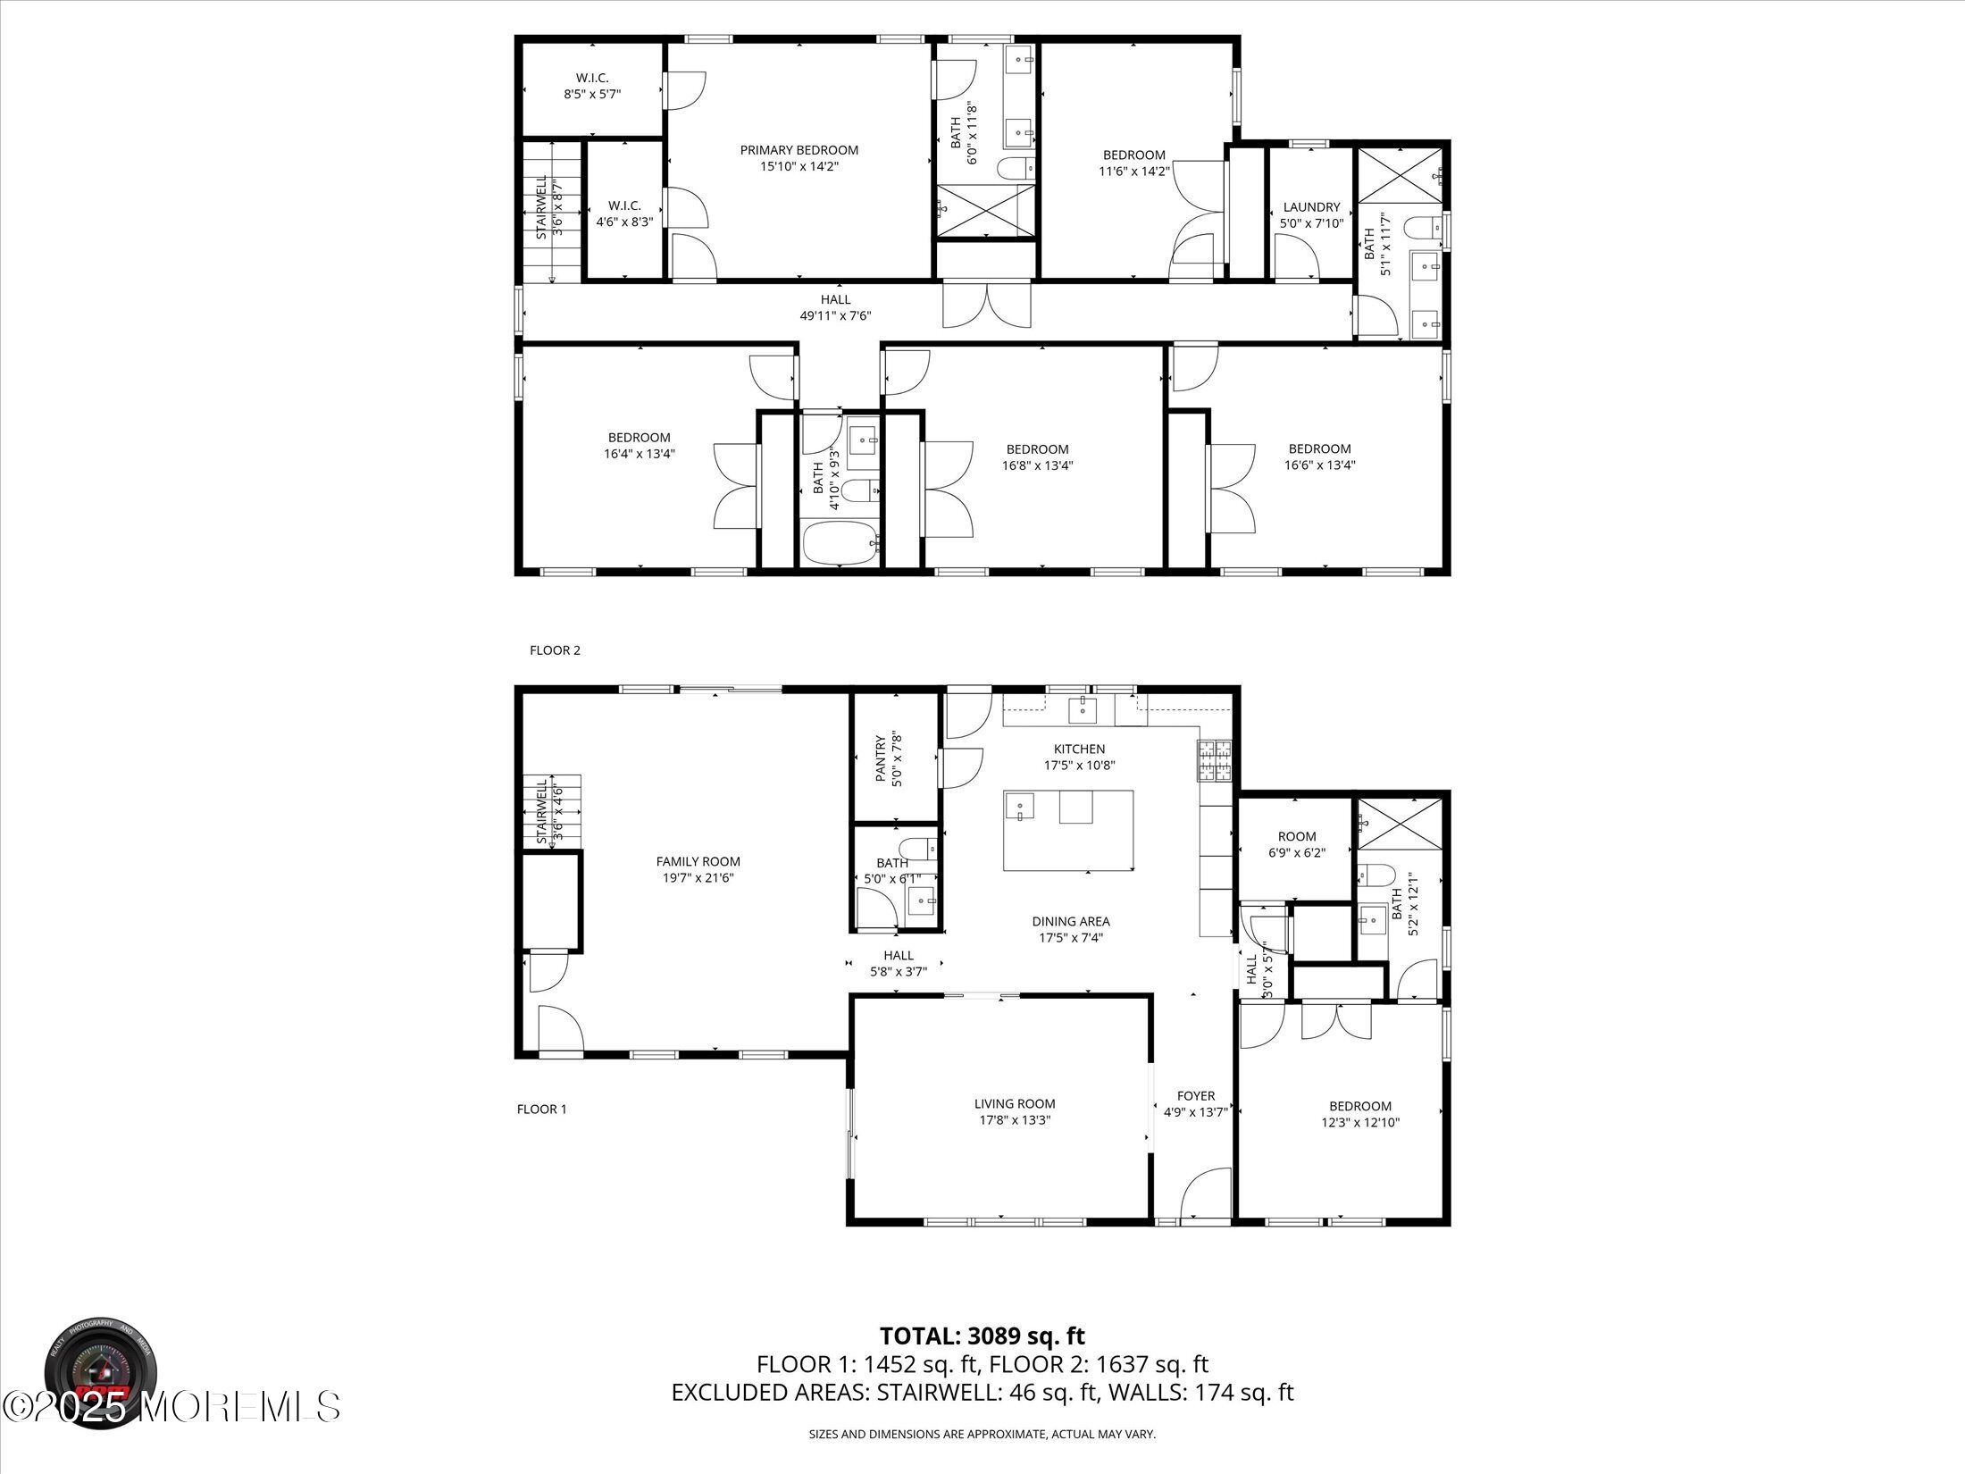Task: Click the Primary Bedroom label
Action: pyautogui.click(x=799, y=150)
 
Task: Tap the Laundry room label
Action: pyautogui.click(x=1311, y=207)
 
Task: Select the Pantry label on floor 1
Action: pyautogui.click(x=881, y=759)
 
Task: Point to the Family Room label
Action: pyautogui.click(x=698, y=862)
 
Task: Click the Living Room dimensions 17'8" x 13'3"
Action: pyautogui.click(x=1015, y=1120)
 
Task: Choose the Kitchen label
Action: pyautogui.click(x=1079, y=750)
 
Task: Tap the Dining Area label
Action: pyautogui.click(x=1071, y=922)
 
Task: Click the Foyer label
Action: pyautogui.click(x=1196, y=1096)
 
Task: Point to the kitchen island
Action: pyautogui.click(x=1068, y=830)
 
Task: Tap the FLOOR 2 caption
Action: pyautogui.click(x=555, y=650)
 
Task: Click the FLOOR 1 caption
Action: pyautogui.click(x=541, y=1110)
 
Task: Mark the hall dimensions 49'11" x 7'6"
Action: pyautogui.click(x=835, y=315)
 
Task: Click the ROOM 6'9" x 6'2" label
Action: pyautogui.click(x=1297, y=845)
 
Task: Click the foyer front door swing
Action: pyautogui.click(x=1206, y=1194)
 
